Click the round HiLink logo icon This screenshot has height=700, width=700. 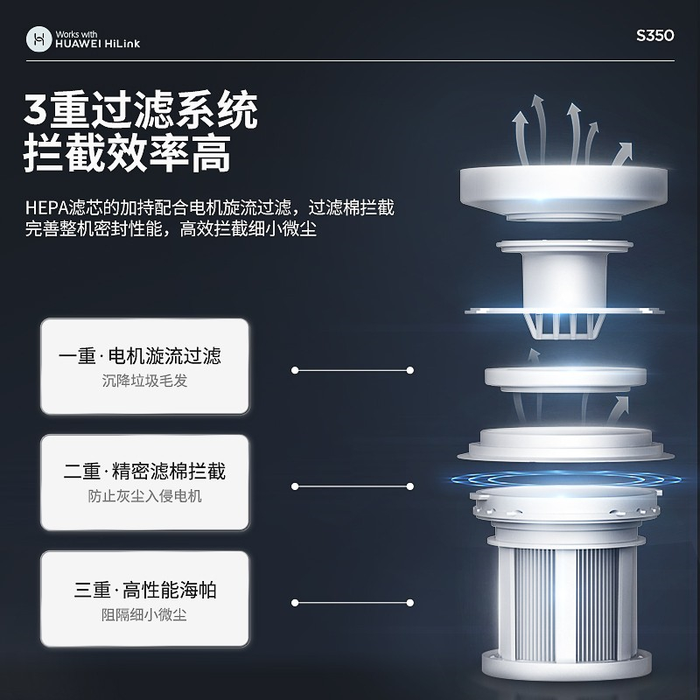pyautogui.click(x=39, y=38)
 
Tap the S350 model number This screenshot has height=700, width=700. pyautogui.click(x=654, y=36)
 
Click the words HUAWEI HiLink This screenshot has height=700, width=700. pyautogui.click(x=98, y=44)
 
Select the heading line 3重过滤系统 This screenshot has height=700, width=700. pyautogui.click(x=141, y=110)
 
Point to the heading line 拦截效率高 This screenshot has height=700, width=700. pyautogui.click(x=127, y=153)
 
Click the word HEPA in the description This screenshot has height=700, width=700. pyautogui.click(x=46, y=208)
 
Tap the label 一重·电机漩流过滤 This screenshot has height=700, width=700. pyautogui.click(x=140, y=356)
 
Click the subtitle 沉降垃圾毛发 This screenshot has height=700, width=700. pyautogui.click(x=144, y=381)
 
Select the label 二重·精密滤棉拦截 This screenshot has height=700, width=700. pyautogui.click(x=144, y=472)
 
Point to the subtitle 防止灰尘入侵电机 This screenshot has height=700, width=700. pyautogui.click(x=144, y=496)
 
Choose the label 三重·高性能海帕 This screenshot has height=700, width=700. pyautogui.click(x=145, y=590)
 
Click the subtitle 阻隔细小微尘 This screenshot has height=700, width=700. pyautogui.click(x=144, y=615)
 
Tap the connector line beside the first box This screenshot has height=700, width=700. pyautogui.click(x=353, y=370)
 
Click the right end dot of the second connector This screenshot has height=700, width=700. pyautogui.click(x=410, y=486)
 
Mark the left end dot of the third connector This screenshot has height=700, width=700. pyautogui.click(x=295, y=603)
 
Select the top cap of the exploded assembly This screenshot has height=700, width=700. pyautogui.click(x=563, y=192)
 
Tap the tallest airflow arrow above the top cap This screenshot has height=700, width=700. pyautogui.click(x=538, y=129)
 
